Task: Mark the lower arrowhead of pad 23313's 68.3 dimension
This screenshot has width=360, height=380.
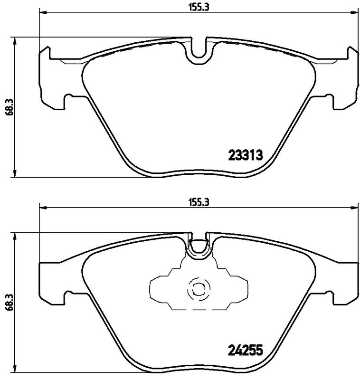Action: click(x=16, y=174)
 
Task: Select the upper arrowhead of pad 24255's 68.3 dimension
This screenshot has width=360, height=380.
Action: click(x=16, y=236)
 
